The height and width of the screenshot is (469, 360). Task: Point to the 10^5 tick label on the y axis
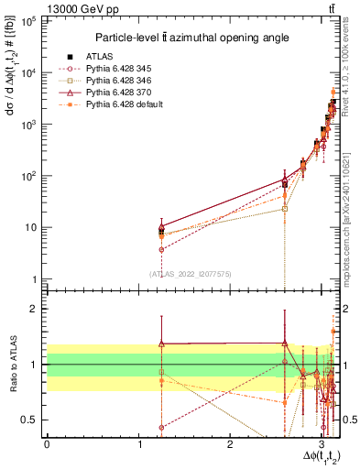pos(30,20)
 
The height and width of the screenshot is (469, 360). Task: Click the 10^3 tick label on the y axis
pos(30,124)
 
